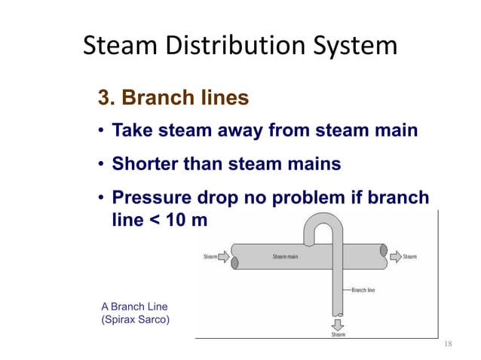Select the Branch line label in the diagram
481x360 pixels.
pyautogui.click(x=364, y=289)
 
